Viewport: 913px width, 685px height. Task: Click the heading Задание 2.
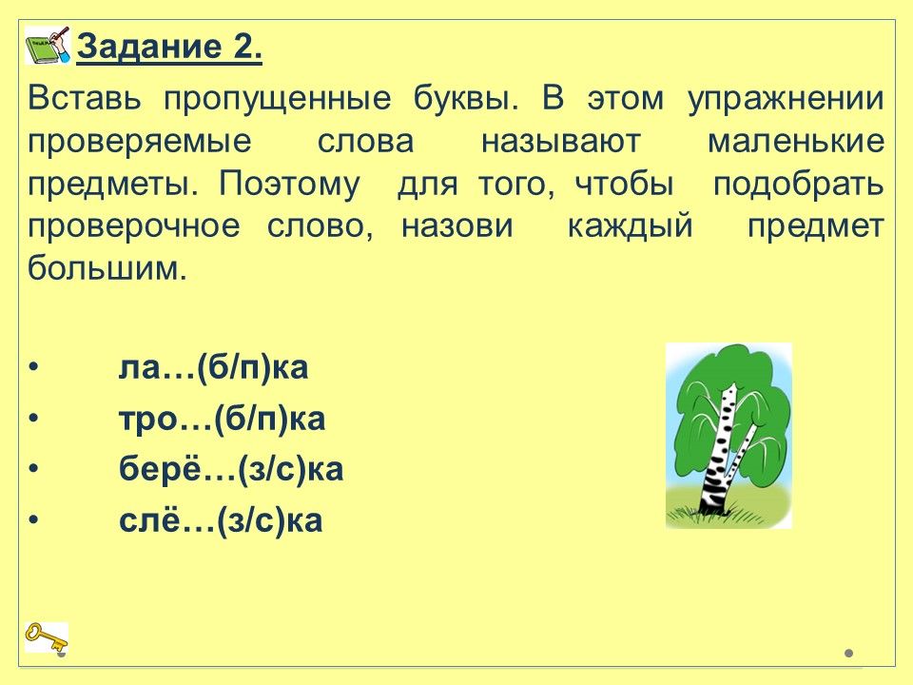tap(169, 48)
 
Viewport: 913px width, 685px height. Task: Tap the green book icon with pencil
tap(48, 45)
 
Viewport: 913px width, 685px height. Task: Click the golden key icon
tap(47, 637)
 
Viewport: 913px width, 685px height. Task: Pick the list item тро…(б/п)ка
tap(222, 420)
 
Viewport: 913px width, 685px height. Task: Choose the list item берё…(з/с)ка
tap(231, 470)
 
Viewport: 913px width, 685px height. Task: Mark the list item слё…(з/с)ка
tap(221, 520)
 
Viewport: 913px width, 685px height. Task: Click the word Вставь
tap(85, 99)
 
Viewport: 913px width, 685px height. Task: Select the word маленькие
tap(796, 142)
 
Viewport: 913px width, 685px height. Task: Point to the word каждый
tap(630, 227)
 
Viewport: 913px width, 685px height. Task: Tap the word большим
tap(107, 269)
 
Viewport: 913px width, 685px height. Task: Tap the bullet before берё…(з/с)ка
tap(34, 469)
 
